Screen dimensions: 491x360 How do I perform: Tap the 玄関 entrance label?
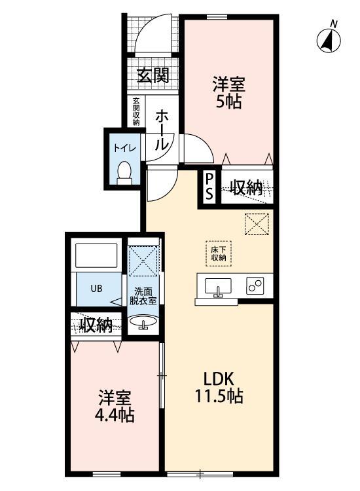pos(152,75)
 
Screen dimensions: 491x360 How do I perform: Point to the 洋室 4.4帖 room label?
pos(117,406)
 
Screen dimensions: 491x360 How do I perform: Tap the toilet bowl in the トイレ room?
pos(124,172)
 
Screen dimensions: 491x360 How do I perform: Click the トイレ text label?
pos(124,148)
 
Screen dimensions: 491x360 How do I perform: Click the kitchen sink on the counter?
pos(217,287)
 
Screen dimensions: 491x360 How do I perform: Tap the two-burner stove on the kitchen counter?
pos(255,286)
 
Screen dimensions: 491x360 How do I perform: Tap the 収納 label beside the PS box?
pos(247,189)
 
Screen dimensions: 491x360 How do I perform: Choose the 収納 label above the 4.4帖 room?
pos(96,325)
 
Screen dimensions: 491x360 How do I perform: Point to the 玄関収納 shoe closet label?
pos(136,111)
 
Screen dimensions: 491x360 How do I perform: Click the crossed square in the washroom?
pos(143,261)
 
